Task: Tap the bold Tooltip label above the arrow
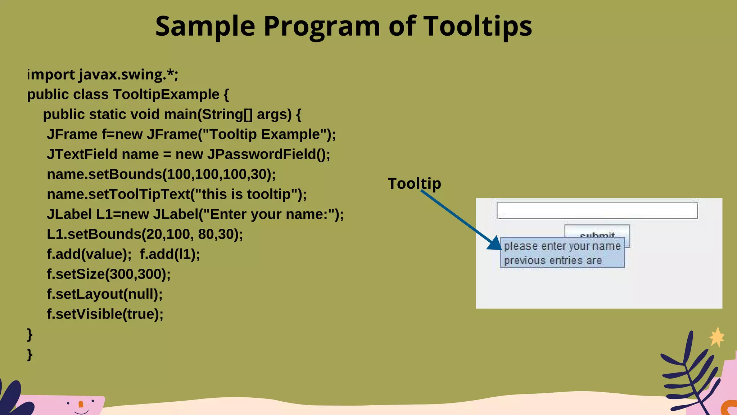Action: coord(414,183)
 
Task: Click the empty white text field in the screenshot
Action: coord(597,210)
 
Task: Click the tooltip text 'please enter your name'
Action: coord(562,246)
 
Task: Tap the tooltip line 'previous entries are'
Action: coord(553,260)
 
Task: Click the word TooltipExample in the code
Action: coord(166,94)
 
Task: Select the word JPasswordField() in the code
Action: coord(268,154)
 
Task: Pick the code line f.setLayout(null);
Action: coord(104,294)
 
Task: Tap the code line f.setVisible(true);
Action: coord(105,314)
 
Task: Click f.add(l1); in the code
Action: coord(170,254)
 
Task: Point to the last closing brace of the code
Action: coord(30,354)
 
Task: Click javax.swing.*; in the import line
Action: coord(128,75)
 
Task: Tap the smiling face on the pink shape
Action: coord(81,406)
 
